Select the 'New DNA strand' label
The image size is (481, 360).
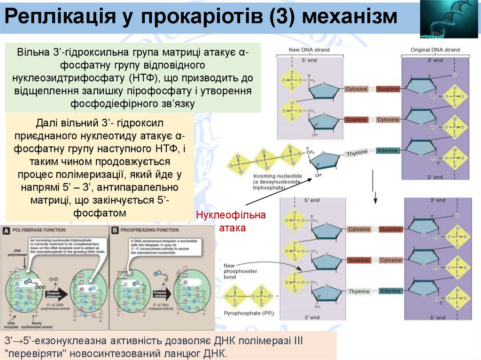(309, 50)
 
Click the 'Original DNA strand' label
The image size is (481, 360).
(435, 50)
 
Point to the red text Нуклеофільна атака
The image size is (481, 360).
(231, 221)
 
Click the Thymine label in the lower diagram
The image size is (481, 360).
(359, 291)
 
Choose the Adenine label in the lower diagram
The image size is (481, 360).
(390, 291)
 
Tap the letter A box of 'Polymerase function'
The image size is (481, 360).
(7, 230)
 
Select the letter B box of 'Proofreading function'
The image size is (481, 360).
(115, 230)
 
